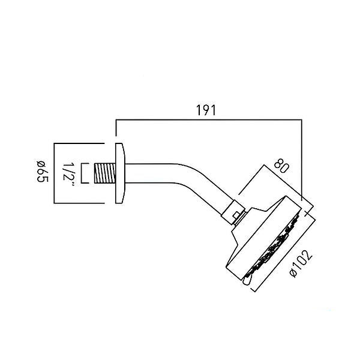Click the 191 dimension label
[x=206, y=110]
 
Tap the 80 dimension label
[x=281, y=166]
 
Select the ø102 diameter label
[x=301, y=264]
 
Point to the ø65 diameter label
[x=43, y=171]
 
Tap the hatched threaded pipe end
[x=105, y=173]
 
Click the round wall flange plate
[x=120, y=173]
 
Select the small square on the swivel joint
[x=236, y=215]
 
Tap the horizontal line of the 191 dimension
[x=209, y=119]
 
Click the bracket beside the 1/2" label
[x=84, y=173]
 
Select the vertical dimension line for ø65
[x=54, y=173]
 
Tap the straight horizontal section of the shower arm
[x=151, y=173]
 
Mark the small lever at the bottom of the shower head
[x=246, y=281]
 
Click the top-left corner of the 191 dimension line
[x=116, y=119]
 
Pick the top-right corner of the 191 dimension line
[x=302, y=119]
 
